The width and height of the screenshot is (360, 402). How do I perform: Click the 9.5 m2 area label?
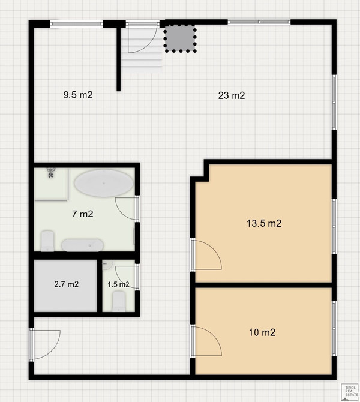78,95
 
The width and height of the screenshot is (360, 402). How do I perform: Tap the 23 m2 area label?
232,95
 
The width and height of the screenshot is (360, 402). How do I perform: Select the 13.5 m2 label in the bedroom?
264,223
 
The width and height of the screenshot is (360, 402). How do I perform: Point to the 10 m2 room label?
262,332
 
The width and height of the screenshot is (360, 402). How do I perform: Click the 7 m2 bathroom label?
83,214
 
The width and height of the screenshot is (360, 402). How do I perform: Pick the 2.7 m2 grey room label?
67,284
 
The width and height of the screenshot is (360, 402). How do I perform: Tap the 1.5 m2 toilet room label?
118,284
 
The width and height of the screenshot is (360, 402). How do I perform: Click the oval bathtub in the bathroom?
104,183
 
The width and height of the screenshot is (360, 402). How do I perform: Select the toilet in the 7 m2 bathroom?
47,241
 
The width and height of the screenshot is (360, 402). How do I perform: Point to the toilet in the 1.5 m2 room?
119,301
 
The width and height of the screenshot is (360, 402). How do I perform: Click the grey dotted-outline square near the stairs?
180,38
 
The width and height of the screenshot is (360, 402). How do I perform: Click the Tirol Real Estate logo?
350,391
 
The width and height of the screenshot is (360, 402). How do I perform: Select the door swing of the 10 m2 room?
206,341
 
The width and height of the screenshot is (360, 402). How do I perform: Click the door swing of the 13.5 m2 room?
206,254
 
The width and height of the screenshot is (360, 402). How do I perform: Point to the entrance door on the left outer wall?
45,344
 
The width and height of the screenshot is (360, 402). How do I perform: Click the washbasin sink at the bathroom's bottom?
83,245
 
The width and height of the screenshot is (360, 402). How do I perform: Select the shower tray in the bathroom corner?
51,184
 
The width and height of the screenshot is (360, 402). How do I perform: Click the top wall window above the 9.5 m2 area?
76,24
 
